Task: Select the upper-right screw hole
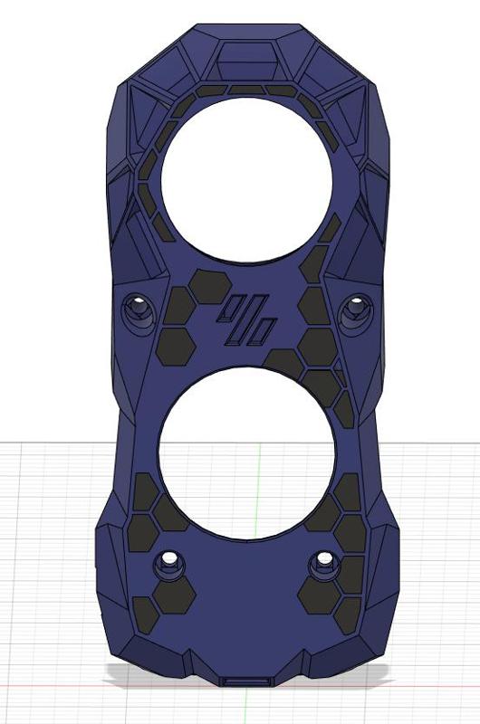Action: coord(354,310)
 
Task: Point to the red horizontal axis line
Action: coord(54,685)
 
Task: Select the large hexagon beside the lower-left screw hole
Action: coord(174,595)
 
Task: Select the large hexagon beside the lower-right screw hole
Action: coord(317,595)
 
